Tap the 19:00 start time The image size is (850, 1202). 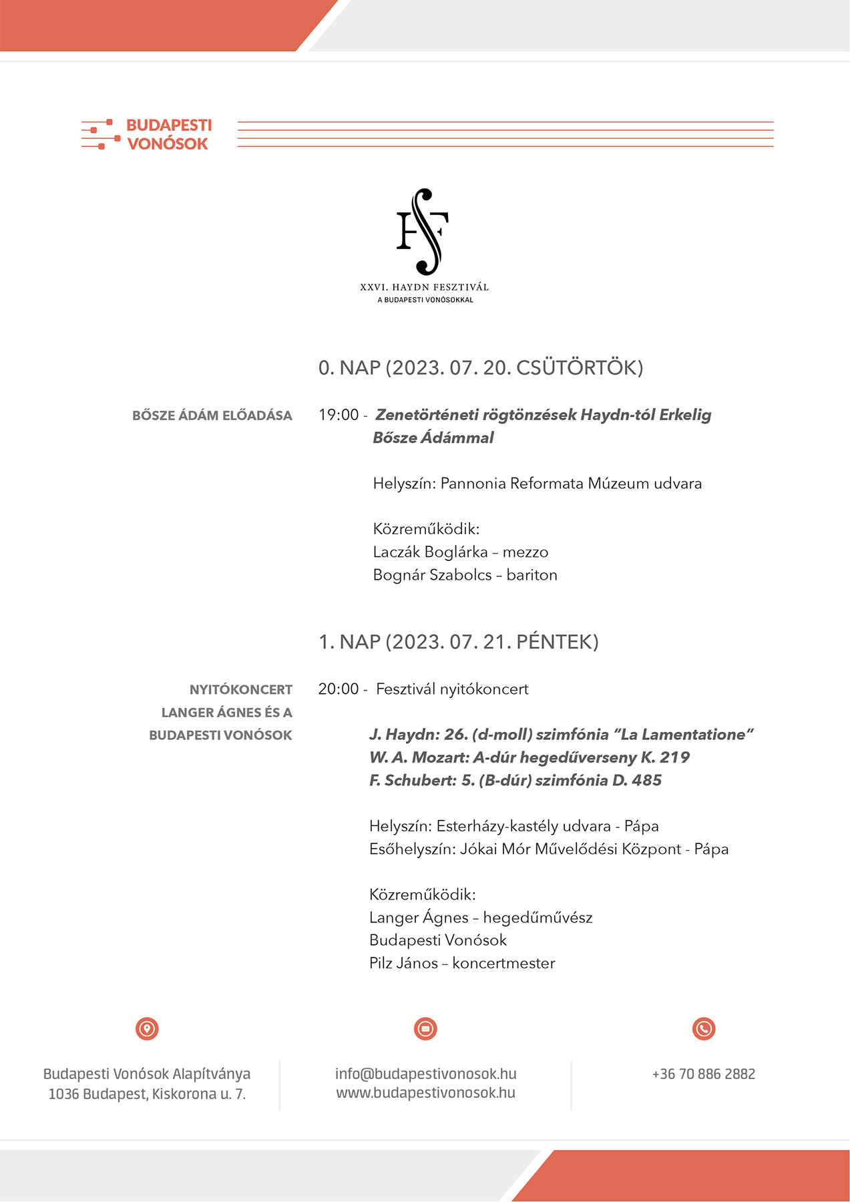point(339,415)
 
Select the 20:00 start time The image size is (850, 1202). point(339,689)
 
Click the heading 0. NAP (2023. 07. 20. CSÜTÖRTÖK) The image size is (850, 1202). point(480,368)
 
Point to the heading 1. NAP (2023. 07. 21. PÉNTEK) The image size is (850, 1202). point(458,642)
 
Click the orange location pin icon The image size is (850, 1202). point(147,1028)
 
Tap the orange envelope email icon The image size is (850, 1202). point(425,1028)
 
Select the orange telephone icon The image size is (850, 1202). point(704,1028)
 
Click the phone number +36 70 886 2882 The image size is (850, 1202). point(704,1074)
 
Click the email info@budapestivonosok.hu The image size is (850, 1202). point(425,1074)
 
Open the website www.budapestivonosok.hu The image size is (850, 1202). point(425,1093)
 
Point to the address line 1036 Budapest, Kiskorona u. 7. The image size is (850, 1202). point(147,1094)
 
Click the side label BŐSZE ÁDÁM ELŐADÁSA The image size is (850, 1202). point(212,415)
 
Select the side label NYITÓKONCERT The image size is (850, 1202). point(240,690)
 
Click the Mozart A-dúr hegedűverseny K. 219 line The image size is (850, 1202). point(529,757)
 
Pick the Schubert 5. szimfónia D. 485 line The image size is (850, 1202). point(515,780)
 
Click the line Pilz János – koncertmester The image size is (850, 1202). point(462,963)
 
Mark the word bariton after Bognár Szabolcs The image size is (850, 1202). point(532,575)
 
